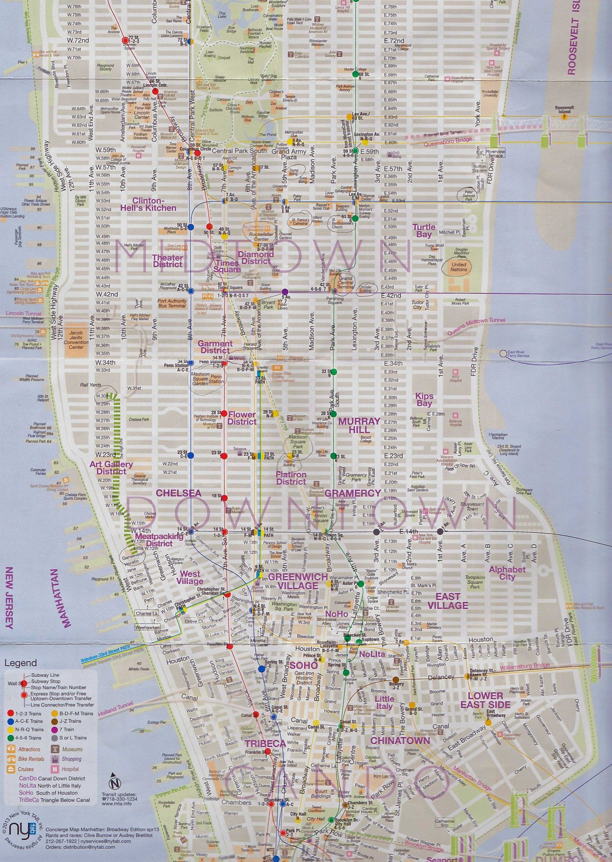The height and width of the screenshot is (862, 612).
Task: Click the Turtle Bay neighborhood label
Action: (x=424, y=231)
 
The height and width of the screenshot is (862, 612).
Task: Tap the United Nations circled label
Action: (x=458, y=267)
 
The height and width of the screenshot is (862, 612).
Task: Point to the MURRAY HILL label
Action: (x=359, y=425)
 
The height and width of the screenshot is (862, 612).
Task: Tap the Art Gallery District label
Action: (x=111, y=467)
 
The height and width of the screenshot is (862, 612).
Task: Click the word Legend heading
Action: (x=20, y=663)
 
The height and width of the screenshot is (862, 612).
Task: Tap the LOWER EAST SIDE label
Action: (x=489, y=700)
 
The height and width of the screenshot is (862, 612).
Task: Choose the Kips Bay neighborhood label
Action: (x=424, y=399)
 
